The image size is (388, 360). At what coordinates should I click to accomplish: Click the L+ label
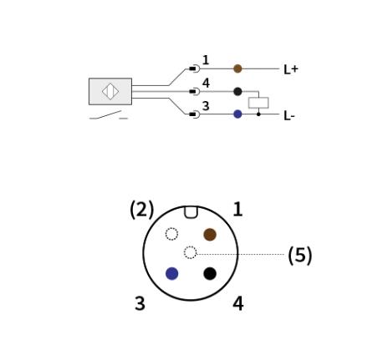[291, 69]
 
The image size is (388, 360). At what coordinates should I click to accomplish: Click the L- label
[289, 116]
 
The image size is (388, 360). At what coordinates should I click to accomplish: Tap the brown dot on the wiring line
[237, 68]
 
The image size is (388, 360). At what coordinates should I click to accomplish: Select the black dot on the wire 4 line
[237, 91]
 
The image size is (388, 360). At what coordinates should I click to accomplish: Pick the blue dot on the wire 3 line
[237, 114]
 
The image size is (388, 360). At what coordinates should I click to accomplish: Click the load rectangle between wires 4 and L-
[258, 103]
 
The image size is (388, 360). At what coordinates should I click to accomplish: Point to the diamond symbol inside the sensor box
[110, 91]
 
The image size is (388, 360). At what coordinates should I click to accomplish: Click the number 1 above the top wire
[206, 60]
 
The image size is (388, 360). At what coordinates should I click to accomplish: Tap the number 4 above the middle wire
[206, 83]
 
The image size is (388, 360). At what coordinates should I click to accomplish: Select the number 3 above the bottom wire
[206, 106]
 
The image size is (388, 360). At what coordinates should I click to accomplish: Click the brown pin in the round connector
[210, 235]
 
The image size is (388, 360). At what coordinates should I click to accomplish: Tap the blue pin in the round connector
[172, 273]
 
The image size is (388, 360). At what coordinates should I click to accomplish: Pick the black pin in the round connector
[210, 273]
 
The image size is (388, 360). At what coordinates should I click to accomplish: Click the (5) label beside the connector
[300, 255]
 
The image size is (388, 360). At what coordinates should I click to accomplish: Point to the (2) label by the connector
[142, 210]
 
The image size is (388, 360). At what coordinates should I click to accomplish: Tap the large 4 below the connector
[238, 303]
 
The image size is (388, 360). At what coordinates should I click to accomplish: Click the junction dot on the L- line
[258, 114]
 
